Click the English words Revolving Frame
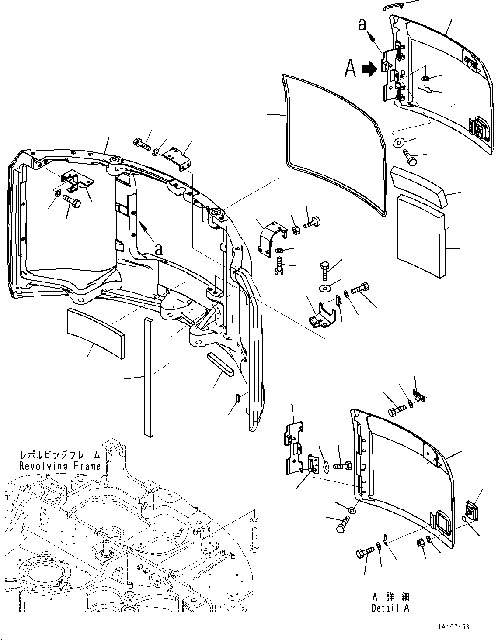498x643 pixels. coord(60,466)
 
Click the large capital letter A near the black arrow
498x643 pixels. coord(351,69)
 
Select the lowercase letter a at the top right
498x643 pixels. coord(362,24)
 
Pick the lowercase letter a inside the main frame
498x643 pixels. coord(159,249)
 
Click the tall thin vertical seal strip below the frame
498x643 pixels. coord(149,378)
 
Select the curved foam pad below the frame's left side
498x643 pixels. coord(95,332)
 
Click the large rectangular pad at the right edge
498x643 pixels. coord(421,236)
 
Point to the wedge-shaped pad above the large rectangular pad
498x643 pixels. coord(419,186)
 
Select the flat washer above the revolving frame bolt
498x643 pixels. coord(254,520)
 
